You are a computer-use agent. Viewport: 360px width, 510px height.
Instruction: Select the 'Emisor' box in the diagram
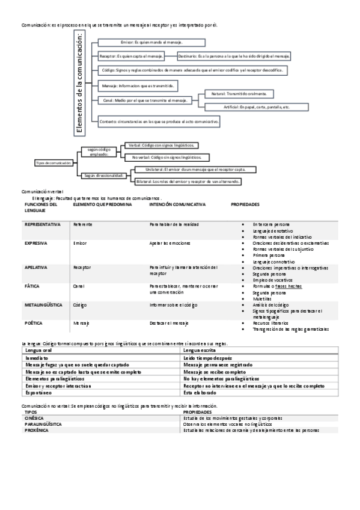(151, 43)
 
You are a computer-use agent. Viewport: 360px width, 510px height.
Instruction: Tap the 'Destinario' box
(234, 56)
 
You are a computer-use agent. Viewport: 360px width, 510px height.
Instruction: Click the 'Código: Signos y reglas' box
(192, 70)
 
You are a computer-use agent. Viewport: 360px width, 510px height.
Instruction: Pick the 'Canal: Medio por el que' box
(145, 100)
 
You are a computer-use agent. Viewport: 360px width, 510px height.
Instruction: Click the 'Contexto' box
(159, 121)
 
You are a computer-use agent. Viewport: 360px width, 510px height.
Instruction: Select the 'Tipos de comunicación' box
(53, 163)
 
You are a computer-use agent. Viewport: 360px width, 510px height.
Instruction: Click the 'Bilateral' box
(188, 181)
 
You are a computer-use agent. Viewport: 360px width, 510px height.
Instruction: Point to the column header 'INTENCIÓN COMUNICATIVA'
(177, 204)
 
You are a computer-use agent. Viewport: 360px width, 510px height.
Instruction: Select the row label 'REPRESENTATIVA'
(42, 224)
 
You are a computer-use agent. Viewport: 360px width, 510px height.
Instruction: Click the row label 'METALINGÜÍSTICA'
(43, 305)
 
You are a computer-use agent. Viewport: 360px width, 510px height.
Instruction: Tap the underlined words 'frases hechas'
(288, 286)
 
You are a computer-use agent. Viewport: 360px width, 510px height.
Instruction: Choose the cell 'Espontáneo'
(39, 392)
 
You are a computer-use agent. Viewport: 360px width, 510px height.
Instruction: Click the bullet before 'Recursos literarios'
(242, 324)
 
